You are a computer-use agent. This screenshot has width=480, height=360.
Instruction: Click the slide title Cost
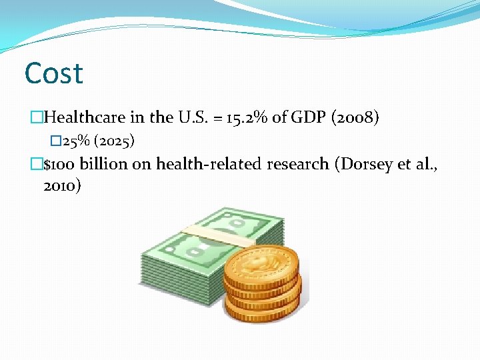click(x=53, y=73)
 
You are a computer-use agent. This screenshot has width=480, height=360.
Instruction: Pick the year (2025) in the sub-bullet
click(x=115, y=141)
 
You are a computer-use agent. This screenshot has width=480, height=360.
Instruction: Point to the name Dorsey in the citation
click(x=363, y=164)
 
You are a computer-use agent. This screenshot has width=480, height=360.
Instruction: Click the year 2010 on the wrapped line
click(x=61, y=186)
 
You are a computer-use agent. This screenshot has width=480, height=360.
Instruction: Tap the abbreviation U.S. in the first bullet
click(x=192, y=118)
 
